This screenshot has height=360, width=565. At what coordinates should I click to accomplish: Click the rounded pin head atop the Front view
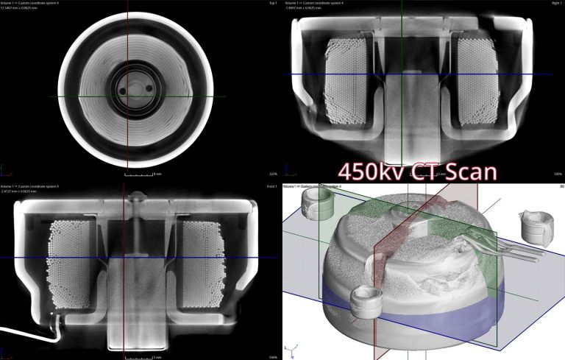click(x=135, y=197)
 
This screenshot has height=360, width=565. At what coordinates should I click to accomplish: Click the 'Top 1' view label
click(x=272, y=4)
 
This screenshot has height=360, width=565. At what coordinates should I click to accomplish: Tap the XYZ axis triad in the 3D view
click(x=294, y=348)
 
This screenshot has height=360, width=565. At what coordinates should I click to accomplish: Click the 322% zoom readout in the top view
click(x=272, y=174)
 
